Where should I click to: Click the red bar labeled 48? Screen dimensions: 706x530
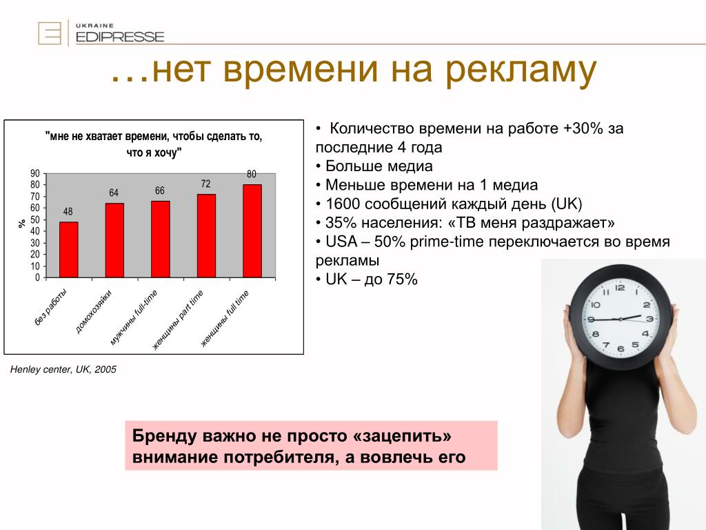(68, 250)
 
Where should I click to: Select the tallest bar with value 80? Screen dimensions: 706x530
(252, 230)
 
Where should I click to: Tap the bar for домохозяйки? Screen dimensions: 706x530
(114, 240)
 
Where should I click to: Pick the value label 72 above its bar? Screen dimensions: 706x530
(205, 184)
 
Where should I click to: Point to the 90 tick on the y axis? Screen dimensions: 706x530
(35, 173)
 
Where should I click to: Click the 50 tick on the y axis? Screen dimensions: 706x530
(35, 220)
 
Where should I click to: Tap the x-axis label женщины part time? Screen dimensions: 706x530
(178, 320)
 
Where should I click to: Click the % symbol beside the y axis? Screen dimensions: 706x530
(21, 224)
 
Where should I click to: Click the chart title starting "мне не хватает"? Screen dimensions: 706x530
(154, 144)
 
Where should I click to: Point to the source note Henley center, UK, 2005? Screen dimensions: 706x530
(63, 370)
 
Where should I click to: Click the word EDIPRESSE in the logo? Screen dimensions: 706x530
(120, 37)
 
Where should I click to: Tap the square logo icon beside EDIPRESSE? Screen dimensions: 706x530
(50, 33)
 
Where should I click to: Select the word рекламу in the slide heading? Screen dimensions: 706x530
(521, 71)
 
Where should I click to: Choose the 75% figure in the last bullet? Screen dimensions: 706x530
(402, 279)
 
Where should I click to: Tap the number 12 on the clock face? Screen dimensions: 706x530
(620, 288)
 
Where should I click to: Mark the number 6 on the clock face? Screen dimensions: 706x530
(621, 349)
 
